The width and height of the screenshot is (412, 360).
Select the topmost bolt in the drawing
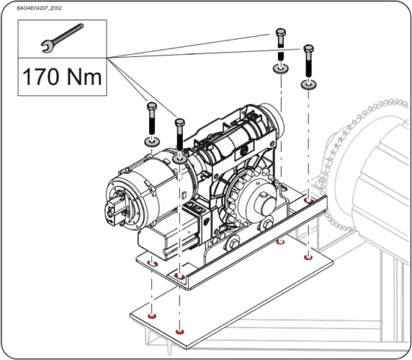(x=280, y=42)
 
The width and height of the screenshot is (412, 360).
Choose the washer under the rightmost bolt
(x=308, y=85)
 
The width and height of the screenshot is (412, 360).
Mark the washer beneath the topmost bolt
(x=281, y=69)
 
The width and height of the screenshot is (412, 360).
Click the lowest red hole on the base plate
(x=178, y=331)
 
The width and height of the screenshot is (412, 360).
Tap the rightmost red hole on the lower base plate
(x=307, y=257)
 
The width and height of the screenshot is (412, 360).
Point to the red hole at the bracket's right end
(x=309, y=201)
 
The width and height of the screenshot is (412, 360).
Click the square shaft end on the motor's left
(x=117, y=212)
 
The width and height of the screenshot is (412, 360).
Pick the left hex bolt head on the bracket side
(x=234, y=242)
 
